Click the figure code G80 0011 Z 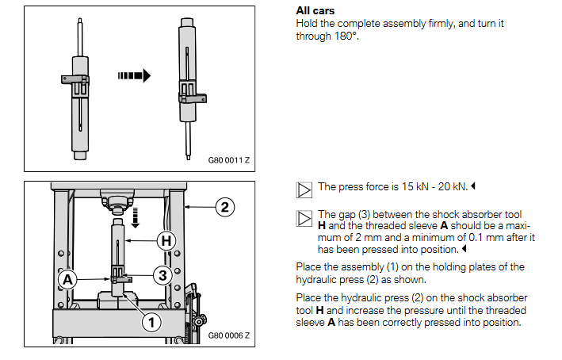point(228,160)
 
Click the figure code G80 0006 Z point(228,335)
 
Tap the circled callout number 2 point(224,208)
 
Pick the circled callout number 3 point(160,275)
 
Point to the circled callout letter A point(68,279)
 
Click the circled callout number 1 point(150,321)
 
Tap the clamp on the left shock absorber point(78,80)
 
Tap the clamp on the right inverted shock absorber point(190,96)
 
